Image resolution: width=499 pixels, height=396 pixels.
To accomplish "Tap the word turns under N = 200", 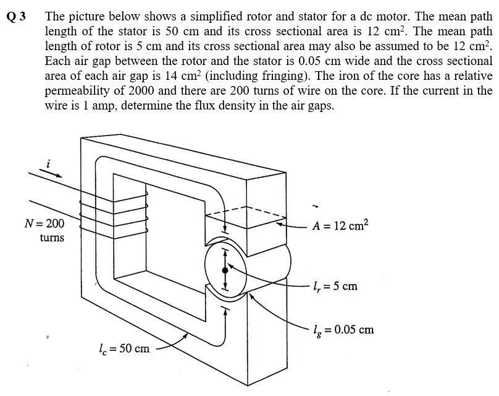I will [52, 238].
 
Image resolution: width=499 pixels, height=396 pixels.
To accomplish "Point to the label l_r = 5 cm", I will [334, 286].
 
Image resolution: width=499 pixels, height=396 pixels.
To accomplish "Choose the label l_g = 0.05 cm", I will [343, 329].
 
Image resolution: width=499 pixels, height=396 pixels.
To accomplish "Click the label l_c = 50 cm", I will [124, 348].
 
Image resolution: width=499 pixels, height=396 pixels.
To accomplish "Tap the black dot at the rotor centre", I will [225, 270].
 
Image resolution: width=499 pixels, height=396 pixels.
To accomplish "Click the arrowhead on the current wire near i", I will [59, 175].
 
